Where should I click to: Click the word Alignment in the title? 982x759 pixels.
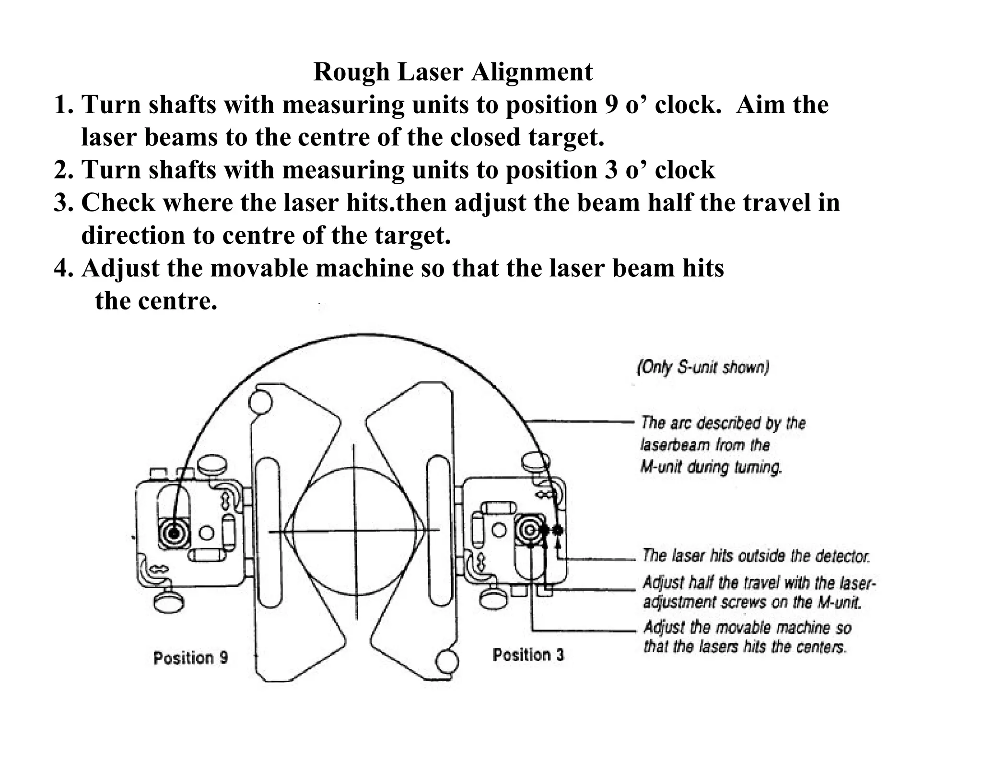(532, 72)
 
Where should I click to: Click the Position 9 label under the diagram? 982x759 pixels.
(190, 658)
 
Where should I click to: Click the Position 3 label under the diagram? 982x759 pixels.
(528, 655)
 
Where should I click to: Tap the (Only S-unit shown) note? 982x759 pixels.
(703, 368)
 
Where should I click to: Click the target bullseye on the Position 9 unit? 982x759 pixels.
(174, 533)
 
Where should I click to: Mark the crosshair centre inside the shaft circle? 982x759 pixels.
(354, 531)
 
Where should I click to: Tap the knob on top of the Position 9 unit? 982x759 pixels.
(211, 463)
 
